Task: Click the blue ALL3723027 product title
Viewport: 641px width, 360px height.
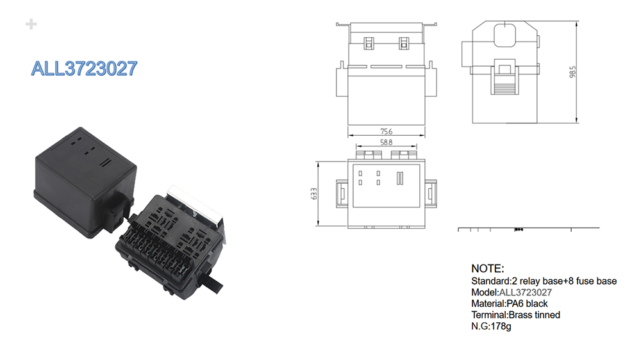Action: click(84, 69)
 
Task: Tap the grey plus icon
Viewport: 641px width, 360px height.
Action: click(31, 24)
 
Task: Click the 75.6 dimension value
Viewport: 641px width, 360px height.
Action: click(387, 131)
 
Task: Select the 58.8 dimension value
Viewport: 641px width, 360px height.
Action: click(387, 143)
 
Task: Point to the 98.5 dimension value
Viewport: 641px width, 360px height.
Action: click(572, 72)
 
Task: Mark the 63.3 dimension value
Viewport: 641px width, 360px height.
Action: click(314, 193)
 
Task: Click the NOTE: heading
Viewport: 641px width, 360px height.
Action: click(488, 268)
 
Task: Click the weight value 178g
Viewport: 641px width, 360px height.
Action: click(501, 326)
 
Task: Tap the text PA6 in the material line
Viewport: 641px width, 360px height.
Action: click(515, 304)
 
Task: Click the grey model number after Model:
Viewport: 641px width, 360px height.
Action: click(526, 293)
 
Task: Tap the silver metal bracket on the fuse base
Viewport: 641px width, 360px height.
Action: click(196, 204)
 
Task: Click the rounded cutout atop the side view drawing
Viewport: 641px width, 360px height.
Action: click(505, 35)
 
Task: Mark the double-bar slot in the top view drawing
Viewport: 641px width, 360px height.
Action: click(400, 179)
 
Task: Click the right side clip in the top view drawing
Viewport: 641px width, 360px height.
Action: click(431, 193)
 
